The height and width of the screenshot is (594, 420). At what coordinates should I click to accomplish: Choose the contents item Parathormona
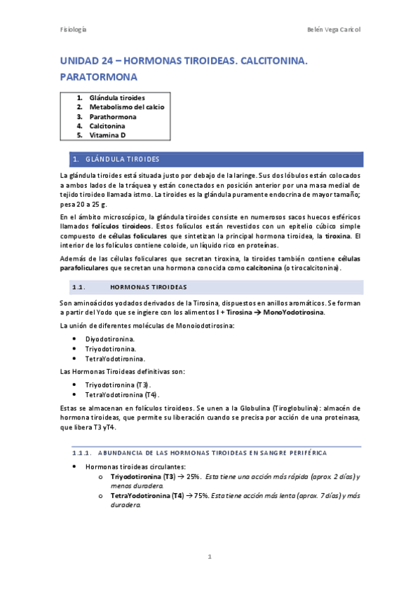[113, 116]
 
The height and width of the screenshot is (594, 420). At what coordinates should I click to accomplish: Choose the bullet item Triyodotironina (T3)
[117, 385]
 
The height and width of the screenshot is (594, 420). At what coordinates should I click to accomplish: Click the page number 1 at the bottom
[209, 556]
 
